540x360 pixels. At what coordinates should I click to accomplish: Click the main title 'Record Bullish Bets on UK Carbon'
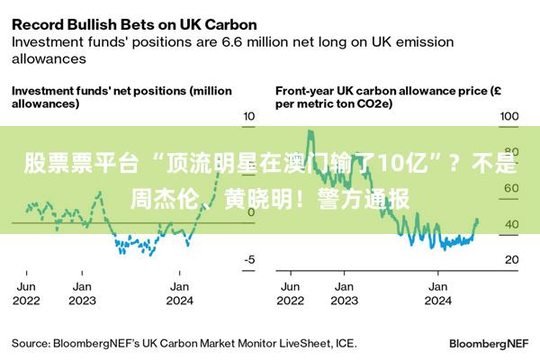click(x=133, y=23)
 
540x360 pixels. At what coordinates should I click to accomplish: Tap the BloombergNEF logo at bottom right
click(x=488, y=343)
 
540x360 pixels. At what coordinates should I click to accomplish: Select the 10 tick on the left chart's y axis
click(x=250, y=117)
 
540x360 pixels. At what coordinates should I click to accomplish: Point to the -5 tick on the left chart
click(x=249, y=259)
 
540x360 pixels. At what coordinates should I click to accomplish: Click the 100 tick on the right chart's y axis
click(x=508, y=117)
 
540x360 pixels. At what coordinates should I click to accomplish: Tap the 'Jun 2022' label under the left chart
click(x=27, y=293)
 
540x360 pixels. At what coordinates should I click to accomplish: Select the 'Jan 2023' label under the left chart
click(x=82, y=293)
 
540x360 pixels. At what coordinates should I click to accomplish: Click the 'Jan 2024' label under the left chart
click(x=179, y=293)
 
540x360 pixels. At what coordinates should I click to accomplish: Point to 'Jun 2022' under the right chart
click(x=291, y=293)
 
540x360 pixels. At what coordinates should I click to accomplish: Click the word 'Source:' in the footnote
click(x=30, y=343)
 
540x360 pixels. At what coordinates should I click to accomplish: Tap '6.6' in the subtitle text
click(x=234, y=41)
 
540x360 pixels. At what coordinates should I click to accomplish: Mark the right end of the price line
click(x=477, y=220)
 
